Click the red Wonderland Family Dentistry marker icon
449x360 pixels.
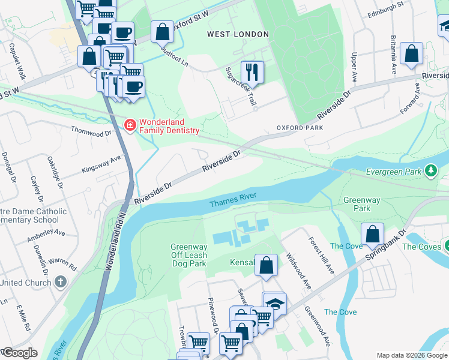[129, 125]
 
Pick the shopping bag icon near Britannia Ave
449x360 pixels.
[411, 54]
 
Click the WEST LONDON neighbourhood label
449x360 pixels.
[238, 34]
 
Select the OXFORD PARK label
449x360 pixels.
[300, 128]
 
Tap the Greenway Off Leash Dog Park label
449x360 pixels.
[188, 255]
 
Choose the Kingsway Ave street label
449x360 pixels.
[101, 163]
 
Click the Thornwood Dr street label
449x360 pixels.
[91, 130]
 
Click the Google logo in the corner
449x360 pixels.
[19, 353]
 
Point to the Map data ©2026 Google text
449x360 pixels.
[412, 355]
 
